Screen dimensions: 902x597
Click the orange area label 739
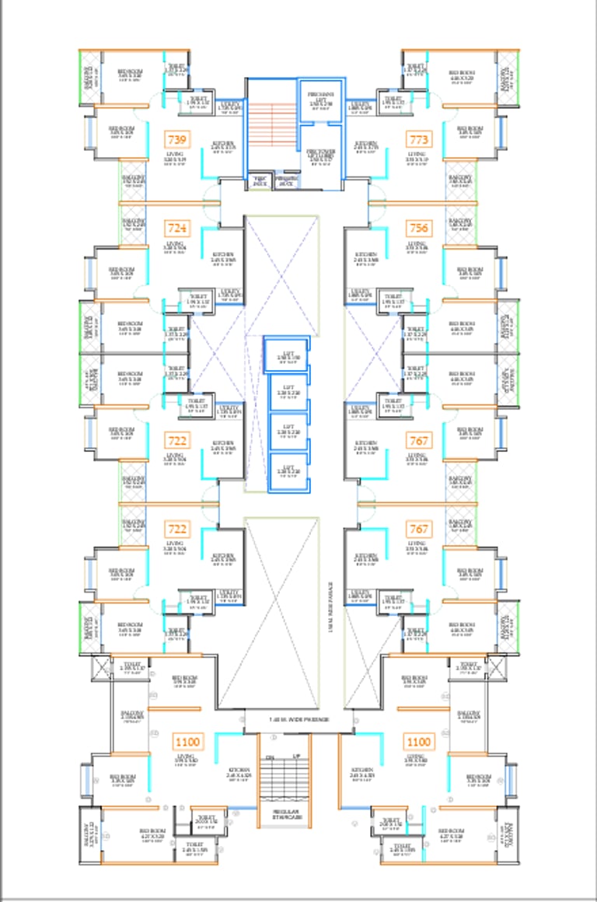pyautogui.click(x=177, y=140)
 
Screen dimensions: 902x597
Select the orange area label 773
pyautogui.click(x=419, y=140)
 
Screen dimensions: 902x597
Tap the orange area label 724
pyautogui.click(x=177, y=229)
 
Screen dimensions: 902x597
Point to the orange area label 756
pyautogui.click(x=419, y=229)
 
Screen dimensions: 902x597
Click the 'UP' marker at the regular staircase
pyautogui.click(x=296, y=756)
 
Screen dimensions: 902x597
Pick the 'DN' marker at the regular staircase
pyautogui.click(x=271, y=756)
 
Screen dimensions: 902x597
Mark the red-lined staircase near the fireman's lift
pyautogui.click(x=271, y=124)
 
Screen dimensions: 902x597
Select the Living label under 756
pyautogui.click(x=417, y=245)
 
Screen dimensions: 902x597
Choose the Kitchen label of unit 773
pyautogui.click(x=366, y=145)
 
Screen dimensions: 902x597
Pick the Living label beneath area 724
pyautogui.click(x=175, y=245)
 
